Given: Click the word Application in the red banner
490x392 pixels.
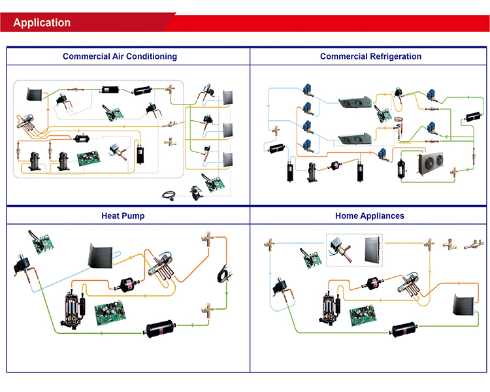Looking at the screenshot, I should coord(42,23).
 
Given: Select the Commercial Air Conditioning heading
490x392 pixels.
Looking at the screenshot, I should coord(120,56).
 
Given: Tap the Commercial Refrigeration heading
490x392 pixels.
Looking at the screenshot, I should coord(370,56).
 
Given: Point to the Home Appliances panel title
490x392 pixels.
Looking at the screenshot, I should coord(369,216).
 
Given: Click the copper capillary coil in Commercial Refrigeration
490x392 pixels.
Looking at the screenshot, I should coord(399,123).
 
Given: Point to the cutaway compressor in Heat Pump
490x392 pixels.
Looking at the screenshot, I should coord(73,306).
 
